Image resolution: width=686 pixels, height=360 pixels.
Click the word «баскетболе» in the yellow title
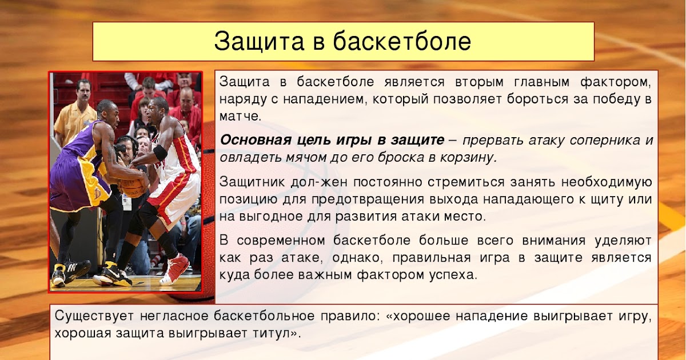(x=402, y=41)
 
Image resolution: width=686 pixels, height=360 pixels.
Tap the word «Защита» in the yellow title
(x=259, y=42)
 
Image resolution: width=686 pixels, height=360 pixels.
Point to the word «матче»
(x=240, y=117)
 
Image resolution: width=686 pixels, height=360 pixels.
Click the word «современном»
(x=281, y=241)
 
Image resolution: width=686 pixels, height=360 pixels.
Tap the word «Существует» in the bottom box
(x=94, y=316)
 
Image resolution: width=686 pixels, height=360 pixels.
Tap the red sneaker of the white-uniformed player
(x=174, y=269)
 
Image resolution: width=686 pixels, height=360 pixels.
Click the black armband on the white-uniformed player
(x=160, y=153)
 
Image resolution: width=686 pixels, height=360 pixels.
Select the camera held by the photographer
(x=121, y=149)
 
